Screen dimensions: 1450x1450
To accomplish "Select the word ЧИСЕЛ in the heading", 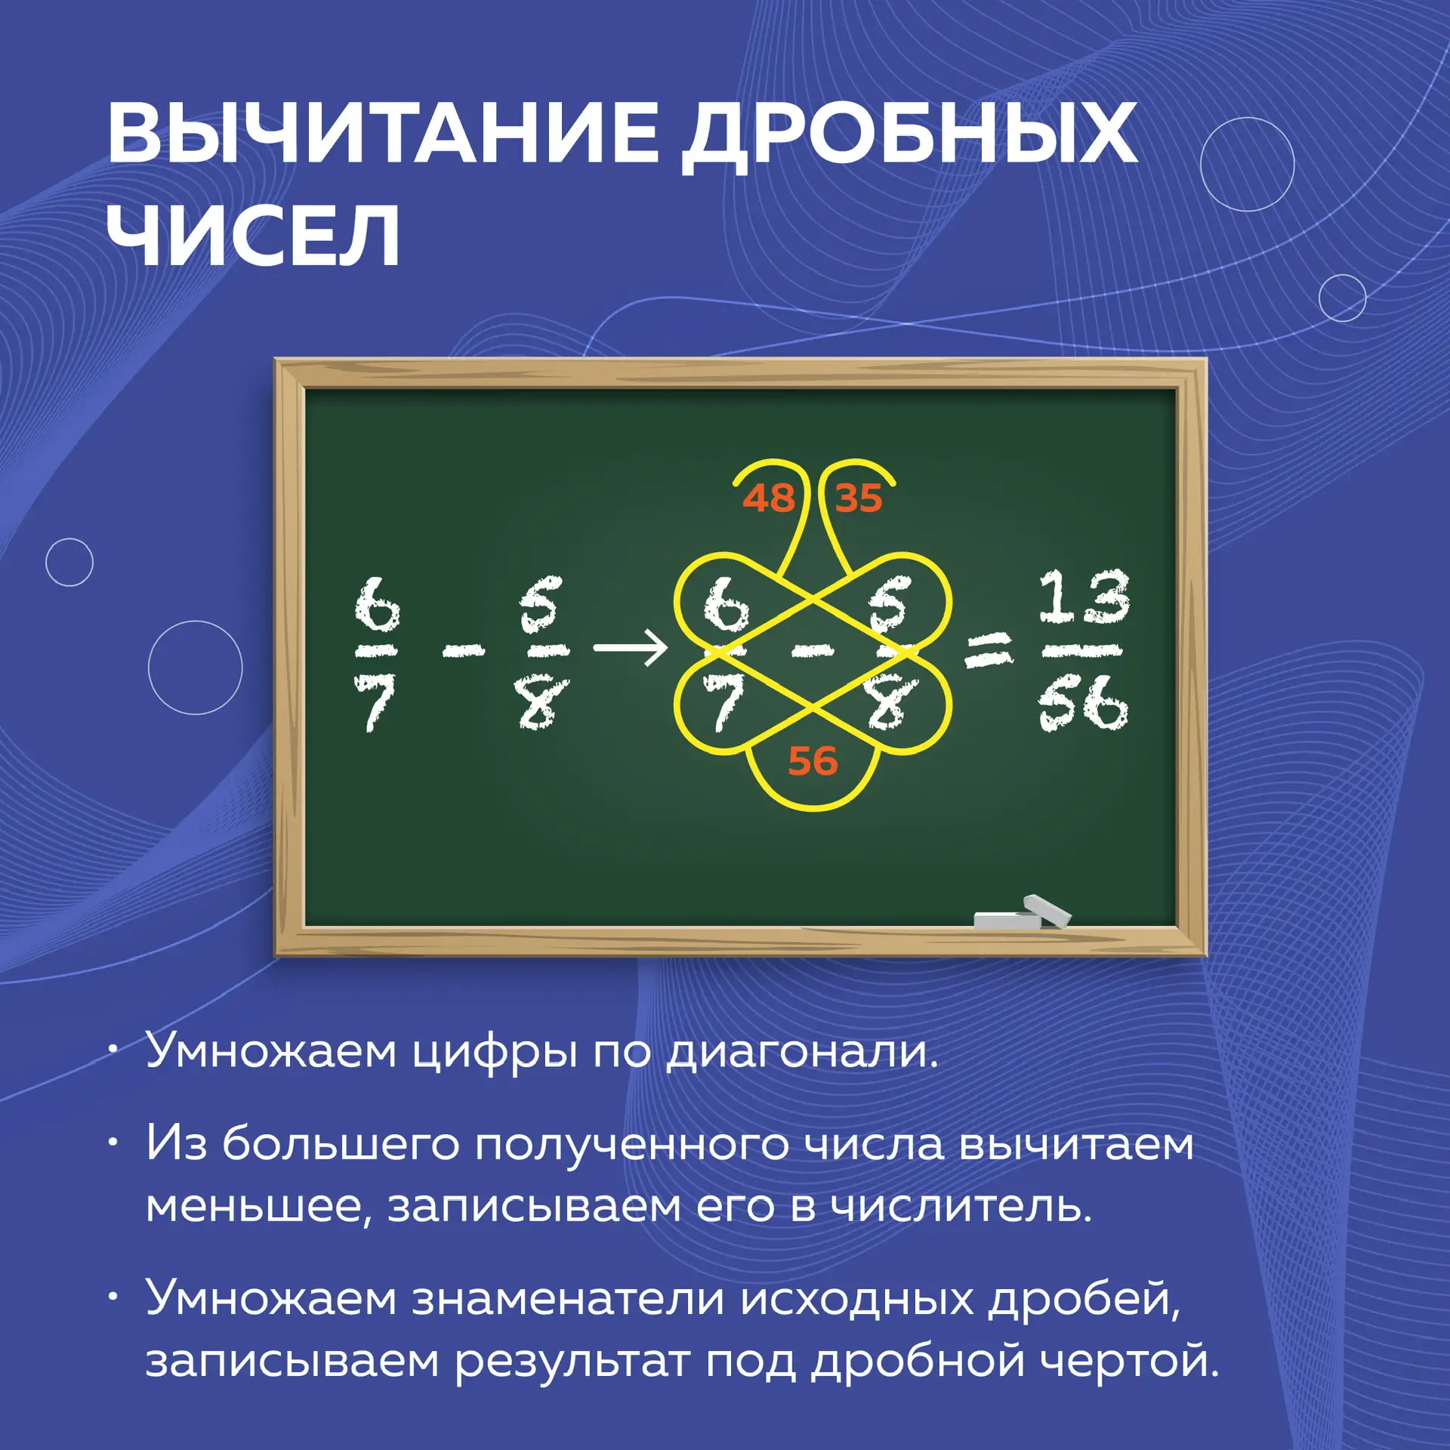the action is click(x=254, y=235).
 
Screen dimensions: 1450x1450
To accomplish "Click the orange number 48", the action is click(x=769, y=498).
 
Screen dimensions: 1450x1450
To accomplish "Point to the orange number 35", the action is click(x=859, y=498).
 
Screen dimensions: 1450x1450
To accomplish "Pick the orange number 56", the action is click(x=813, y=760).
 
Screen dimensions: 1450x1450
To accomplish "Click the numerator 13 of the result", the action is click(x=1084, y=597).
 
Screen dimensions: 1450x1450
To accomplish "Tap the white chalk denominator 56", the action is click(x=1083, y=703).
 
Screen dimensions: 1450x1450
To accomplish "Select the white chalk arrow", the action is click(x=630, y=648).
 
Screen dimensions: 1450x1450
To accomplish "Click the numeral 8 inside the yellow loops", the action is click(x=889, y=703).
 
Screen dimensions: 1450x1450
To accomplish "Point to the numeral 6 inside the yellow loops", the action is click(x=726, y=606).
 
